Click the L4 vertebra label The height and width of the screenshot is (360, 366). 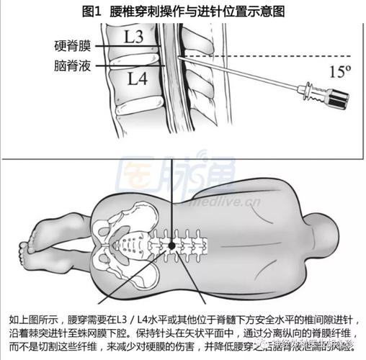pyautogui.click(x=136, y=78)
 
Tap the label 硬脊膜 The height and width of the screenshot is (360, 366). pyautogui.click(x=73, y=45)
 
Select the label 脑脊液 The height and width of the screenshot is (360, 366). pyautogui.click(x=73, y=65)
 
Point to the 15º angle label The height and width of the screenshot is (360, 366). pyautogui.click(x=338, y=71)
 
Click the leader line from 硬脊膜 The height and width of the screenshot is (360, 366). pyautogui.click(x=130, y=45)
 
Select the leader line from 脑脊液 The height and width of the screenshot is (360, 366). pyautogui.click(x=130, y=66)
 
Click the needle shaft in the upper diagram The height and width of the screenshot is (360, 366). pyautogui.click(x=238, y=76)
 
